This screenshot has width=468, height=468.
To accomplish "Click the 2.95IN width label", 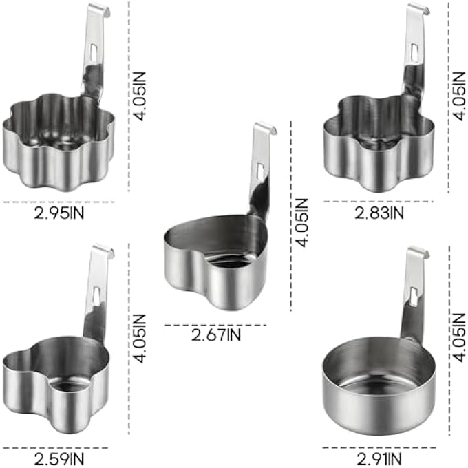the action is point(59,213).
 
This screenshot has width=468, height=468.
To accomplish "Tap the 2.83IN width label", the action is point(379,213).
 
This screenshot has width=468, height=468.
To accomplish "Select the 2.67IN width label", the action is point(216,335).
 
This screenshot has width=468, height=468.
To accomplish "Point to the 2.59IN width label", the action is point(59,459).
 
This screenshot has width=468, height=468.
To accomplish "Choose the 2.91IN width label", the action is point(379,459).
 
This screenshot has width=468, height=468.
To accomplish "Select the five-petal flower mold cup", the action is point(379,143).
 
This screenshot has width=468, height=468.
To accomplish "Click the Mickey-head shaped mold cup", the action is point(56,385).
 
